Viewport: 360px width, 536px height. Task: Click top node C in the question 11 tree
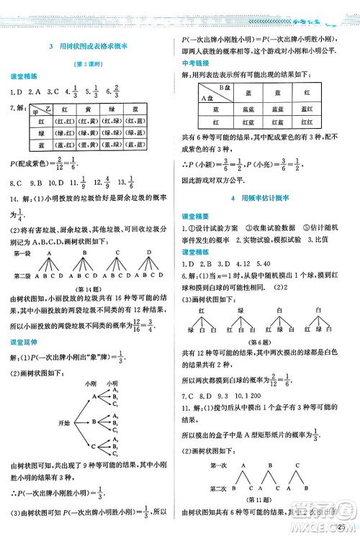297,464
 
